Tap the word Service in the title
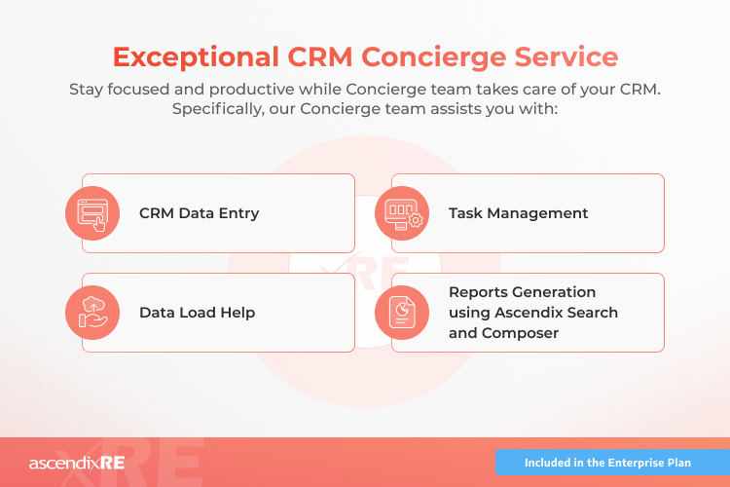[x=562, y=56]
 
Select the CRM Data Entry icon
[x=91, y=212]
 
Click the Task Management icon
[x=401, y=212]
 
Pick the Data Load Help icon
[x=91, y=312]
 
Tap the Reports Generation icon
[x=401, y=312]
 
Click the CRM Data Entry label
[x=199, y=212]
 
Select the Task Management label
[x=518, y=212]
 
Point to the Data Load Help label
[x=197, y=313]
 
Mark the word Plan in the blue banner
[x=677, y=462]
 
